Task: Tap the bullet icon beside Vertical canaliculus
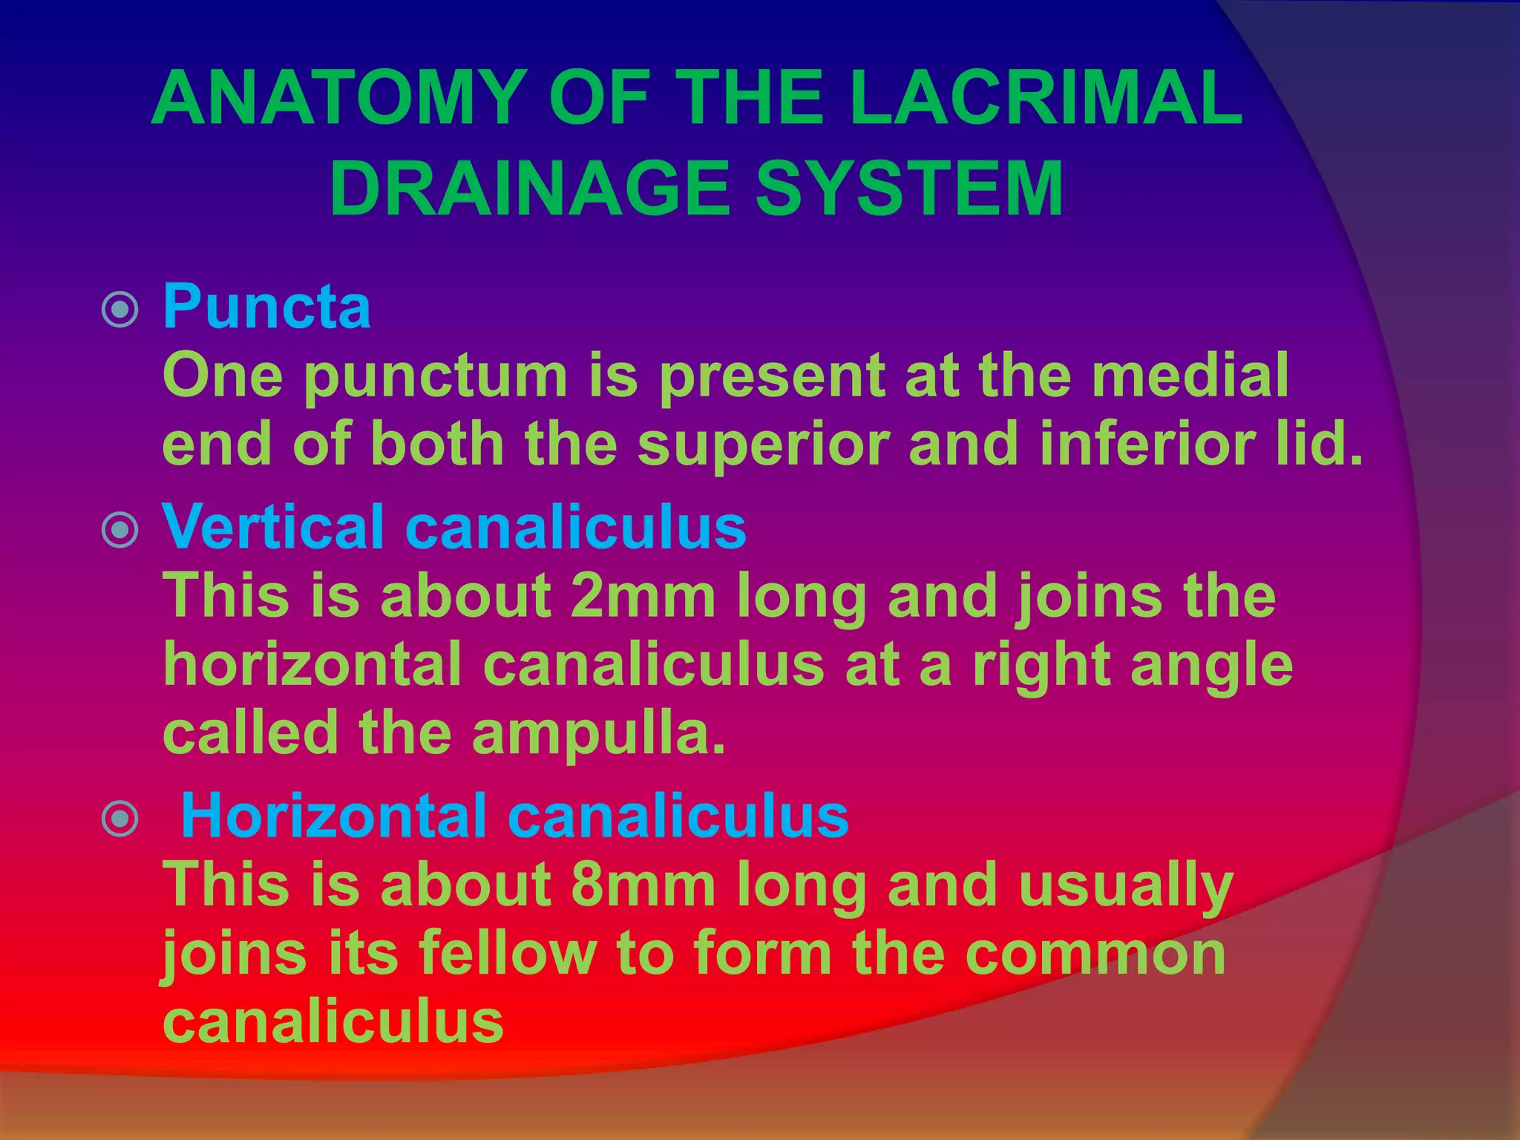119,530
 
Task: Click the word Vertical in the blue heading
273,526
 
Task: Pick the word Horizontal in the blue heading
334,816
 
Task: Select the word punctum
436,377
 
